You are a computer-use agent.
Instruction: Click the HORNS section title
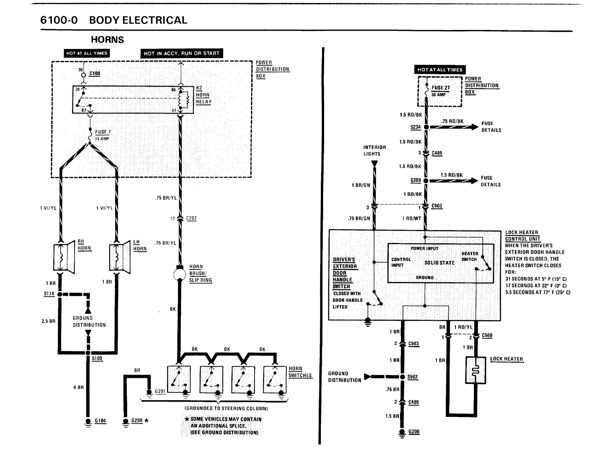click(107, 40)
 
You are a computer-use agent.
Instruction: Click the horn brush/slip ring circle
click(179, 275)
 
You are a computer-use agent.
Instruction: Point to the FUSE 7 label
click(103, 132)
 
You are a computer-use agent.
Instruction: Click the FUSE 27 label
click(441, 88)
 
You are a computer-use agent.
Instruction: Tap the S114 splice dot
click(60, 294)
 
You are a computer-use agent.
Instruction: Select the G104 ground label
click(100, 420)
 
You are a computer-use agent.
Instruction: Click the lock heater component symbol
click(476, 370)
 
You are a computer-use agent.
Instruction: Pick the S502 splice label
click(413, 377)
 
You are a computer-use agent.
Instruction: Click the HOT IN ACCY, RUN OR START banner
click(181, 53)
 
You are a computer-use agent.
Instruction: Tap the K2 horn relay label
click(203, 95)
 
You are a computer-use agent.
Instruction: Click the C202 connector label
click(191, 218)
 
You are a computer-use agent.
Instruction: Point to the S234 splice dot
click(426, 127)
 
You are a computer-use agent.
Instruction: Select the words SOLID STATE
click(439, 263)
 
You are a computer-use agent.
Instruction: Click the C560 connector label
click(487, 335)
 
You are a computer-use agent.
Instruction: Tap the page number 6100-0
click(59, 20)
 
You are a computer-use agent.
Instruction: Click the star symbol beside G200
click(146, 420)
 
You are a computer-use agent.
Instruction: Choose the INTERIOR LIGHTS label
click(375, 151)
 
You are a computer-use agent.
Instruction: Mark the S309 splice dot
click(426, 181)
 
